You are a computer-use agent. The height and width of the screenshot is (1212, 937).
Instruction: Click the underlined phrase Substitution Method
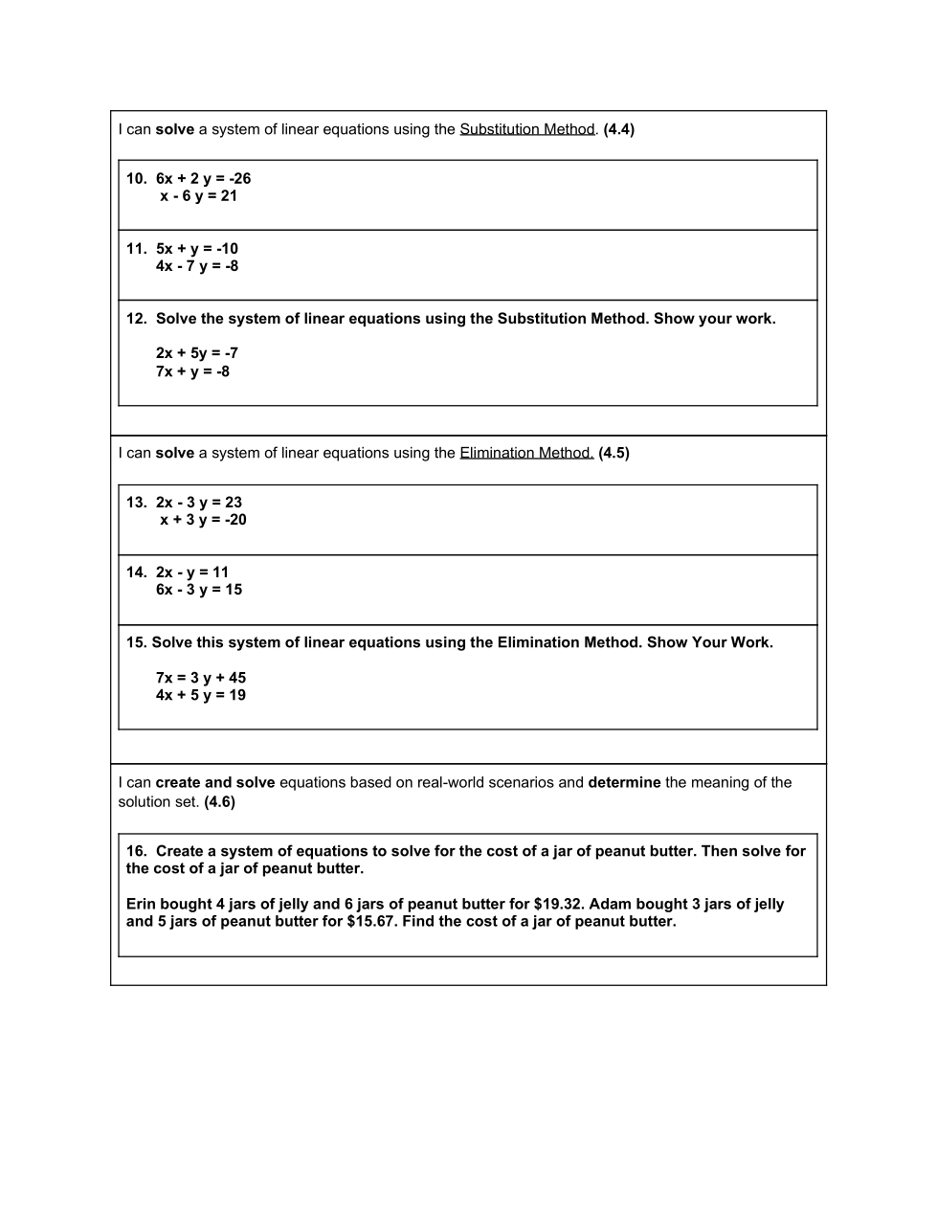(527, 129)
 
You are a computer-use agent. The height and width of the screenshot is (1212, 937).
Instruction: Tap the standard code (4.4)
(619, 129)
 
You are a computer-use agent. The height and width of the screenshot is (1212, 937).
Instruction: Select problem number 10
(136, 179)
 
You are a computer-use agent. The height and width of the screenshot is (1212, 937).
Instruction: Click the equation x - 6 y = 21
(198, 196)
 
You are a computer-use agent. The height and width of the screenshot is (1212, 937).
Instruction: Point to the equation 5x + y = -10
(197, 249)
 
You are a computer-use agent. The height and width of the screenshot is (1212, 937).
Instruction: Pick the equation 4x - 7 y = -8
(197, 266)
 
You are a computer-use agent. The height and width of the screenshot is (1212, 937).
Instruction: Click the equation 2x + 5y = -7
(197, 353)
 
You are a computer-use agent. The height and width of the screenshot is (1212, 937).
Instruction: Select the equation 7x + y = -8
(192, 371)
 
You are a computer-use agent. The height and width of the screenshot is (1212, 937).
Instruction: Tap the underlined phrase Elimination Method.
(526, 453)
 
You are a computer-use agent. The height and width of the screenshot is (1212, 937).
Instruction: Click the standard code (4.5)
(614, 453)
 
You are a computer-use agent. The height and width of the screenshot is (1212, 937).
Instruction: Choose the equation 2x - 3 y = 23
(199, 503)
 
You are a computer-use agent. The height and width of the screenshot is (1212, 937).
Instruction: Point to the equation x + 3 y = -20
(203, 520)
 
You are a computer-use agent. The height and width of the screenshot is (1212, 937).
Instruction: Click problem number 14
(136, 572)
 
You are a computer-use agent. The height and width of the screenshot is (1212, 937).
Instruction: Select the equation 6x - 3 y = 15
(199, 590)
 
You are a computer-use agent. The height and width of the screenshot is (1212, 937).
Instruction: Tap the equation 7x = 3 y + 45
(201, 678)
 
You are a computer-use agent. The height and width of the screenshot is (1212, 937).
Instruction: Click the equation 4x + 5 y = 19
(201, 695)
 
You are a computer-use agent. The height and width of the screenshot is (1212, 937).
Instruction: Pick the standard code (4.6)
(219, 802)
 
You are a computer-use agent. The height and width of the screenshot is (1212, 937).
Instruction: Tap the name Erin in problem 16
(141, 904)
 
